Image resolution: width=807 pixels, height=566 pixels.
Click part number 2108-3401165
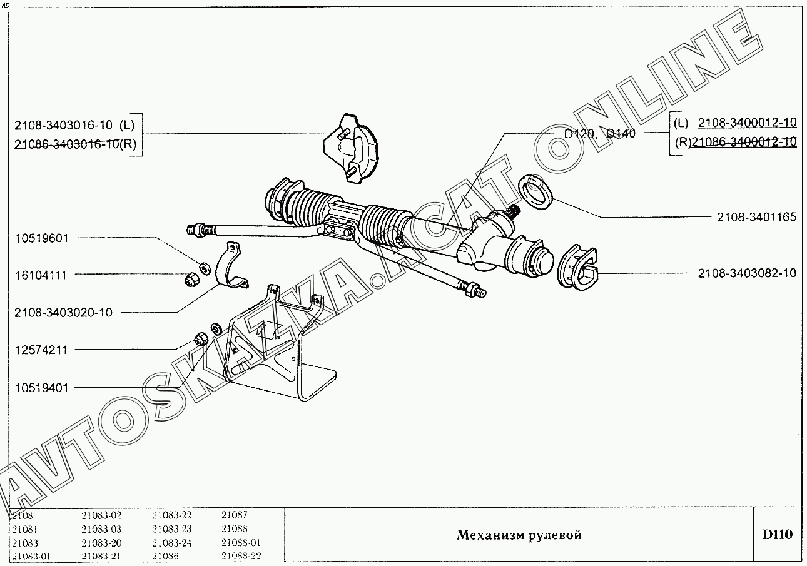coord(756,218)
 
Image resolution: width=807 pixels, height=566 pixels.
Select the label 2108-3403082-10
coord(747,273)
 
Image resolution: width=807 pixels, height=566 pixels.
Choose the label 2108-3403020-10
coord(64,312)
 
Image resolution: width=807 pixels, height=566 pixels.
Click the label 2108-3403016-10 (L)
coord(74,125)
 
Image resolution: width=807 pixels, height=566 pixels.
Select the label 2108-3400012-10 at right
coord(747,123)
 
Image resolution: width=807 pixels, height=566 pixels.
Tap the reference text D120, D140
coord(599,133)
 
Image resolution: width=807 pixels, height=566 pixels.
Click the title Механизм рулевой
coord(519,535)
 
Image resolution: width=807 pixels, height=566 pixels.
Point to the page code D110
coord(777,535)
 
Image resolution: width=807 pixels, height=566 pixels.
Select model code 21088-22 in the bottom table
coord(241,556)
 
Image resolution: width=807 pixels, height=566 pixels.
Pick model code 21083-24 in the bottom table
coord(171,542)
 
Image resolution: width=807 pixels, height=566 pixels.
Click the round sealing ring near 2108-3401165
coord(536,192)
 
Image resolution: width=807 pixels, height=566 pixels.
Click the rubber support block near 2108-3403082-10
coord(577,269)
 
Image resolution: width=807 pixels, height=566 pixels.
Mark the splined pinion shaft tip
coord(514,213)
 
